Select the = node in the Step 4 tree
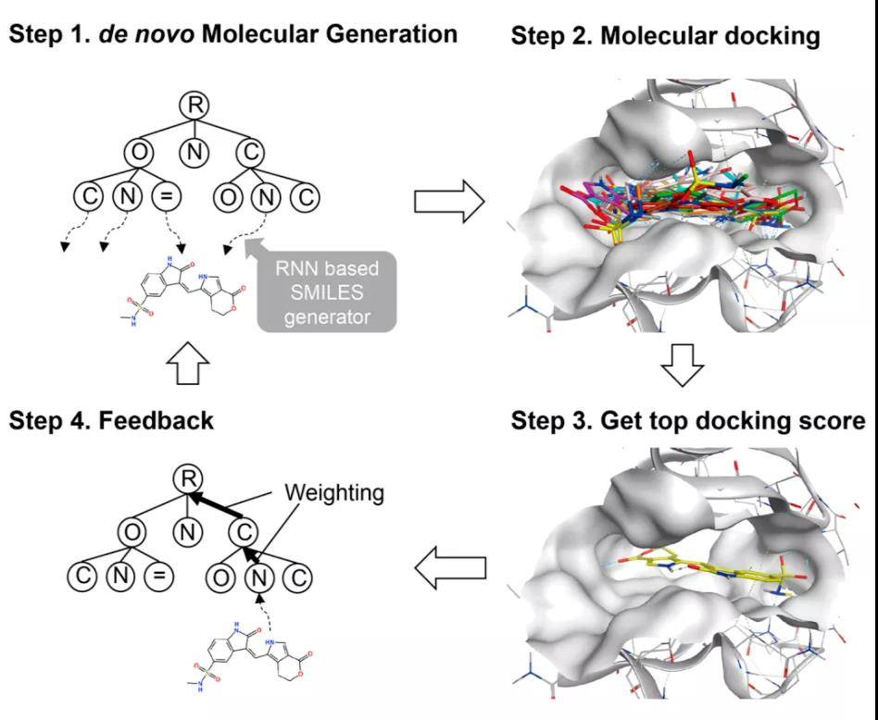coord(158,575)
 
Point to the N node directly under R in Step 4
coord(187,530)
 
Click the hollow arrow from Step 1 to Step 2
coord(448,201)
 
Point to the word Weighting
coord(333,492)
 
